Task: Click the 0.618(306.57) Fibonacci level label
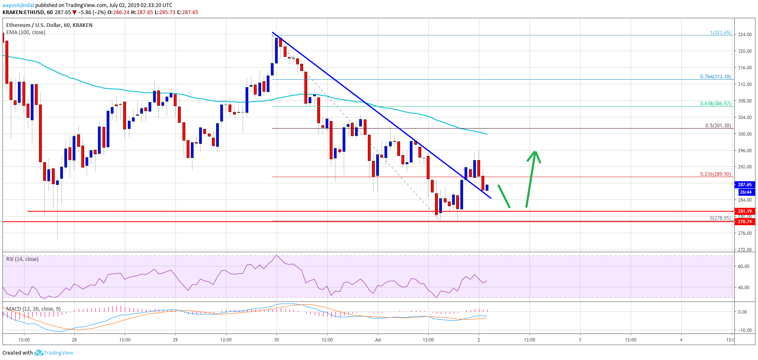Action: (x=715, y=104)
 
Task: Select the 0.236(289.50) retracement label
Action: (x=715, y=174)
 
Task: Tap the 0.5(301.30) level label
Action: (x=718, y=126)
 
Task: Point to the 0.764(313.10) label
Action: (x=715, y=77)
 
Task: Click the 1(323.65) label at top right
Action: (x=720, y=33)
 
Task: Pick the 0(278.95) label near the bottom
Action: (x=720, y=218)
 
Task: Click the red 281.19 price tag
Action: (x=744, y=211)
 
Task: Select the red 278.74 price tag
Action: (x=744, y=221)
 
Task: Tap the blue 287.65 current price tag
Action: (x=744, y=185)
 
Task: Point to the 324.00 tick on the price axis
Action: (x=744, y=34)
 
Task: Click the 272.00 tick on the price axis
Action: (x=744, y=250)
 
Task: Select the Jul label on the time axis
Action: (x=377, y=340)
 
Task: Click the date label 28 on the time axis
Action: (x=74, y=340)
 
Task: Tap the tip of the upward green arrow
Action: (x=535, y=151)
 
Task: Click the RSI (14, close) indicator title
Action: (x=22, y=259)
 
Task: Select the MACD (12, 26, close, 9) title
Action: (x=33, y=309)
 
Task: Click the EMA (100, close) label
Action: (x=26, y=32)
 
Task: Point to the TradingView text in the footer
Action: (x=58, y=353)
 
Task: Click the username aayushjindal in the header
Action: (x=18, y=5)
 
